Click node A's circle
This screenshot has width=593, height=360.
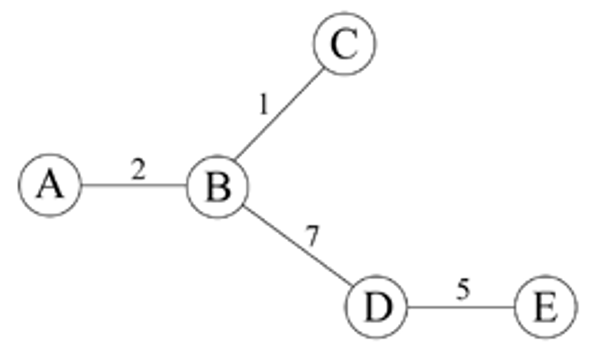[x=50, y=185]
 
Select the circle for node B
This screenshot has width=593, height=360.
[x=217, y=187]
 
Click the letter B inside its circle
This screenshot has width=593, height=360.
[x=218, y=187]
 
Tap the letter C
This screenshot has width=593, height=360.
[x=344, y=44]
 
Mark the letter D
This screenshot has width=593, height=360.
[x=378, y=308]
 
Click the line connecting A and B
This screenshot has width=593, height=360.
[x=134, y=185]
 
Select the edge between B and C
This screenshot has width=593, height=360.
[x=279, y=114]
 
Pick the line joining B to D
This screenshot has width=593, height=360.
[x=298, y=245]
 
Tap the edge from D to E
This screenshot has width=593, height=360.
[x=461, y=307]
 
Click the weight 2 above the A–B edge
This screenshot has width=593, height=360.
[x=138, y=169]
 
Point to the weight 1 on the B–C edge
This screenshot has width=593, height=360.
[x=263, y=104]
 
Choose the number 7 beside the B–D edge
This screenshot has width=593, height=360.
[x=312, y=236]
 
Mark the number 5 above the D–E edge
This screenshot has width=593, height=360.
[x=463, y=289]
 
